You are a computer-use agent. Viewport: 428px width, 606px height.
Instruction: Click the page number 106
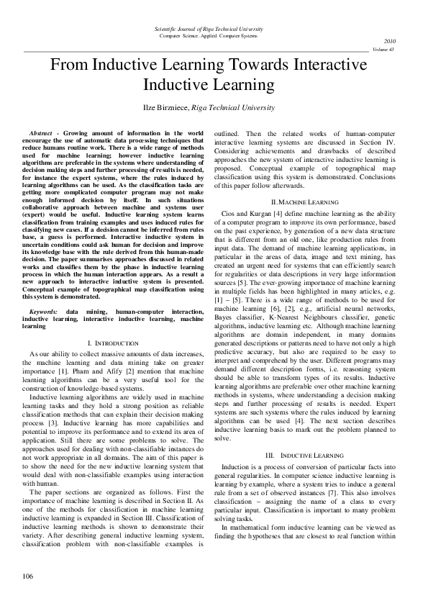click(x=28, y=576)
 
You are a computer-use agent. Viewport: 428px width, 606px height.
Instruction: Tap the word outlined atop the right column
click(x=229, y=134)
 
